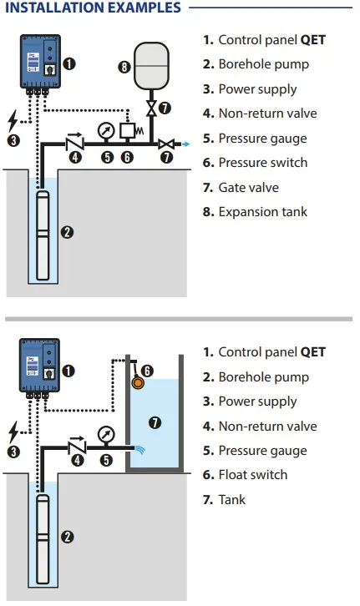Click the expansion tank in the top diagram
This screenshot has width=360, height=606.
tap(151, 66)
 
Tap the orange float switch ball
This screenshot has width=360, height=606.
tap(138, 382)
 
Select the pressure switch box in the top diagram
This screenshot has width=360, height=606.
tap(127, 130)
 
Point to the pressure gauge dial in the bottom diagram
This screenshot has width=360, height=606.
tap(106, 435)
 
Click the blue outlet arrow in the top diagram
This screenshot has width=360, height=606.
tap(186, 144)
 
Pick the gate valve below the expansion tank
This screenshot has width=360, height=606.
tap(151, 108)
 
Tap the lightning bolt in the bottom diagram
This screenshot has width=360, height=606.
tap(14, 432)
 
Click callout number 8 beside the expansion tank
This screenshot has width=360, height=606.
tap(124, 67)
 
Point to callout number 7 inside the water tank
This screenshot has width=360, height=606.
tap(155, 422)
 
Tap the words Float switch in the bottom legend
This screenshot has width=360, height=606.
tap(253, 475)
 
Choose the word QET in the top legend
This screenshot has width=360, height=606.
tap(313, 40)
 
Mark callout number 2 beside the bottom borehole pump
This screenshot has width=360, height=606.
tap(68, 537)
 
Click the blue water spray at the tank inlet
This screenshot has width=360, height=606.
tap(140, 449)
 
